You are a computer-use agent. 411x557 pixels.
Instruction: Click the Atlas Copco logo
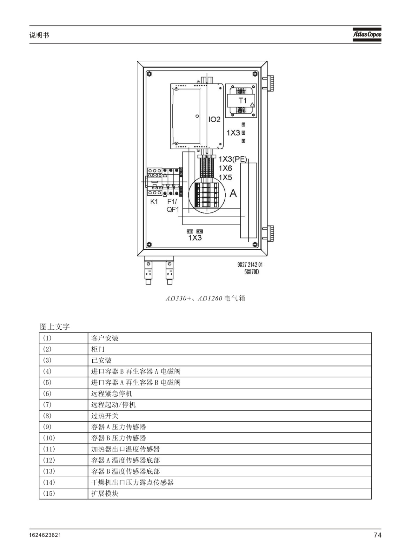367,34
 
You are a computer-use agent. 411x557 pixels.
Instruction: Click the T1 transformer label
242,101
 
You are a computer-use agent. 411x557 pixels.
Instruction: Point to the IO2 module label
214,120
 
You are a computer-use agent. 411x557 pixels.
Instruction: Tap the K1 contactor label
154,202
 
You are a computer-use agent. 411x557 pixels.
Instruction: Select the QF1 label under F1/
173,209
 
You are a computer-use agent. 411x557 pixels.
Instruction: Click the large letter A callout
233,193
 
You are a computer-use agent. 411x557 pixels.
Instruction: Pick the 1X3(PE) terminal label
233,159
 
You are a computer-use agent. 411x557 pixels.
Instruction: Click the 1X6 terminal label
225,168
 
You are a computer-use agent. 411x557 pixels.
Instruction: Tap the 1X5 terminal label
225,177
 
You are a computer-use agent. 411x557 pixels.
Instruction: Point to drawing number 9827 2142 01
250,265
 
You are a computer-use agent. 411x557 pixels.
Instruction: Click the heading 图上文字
55,327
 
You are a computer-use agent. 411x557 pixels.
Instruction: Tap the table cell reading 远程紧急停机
111,394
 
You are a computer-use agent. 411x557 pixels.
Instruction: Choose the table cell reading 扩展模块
104,493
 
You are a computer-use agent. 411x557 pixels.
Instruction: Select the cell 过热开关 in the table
104,416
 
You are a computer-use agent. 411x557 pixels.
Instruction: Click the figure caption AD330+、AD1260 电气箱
205,298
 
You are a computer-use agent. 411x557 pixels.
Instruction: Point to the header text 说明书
39,35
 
